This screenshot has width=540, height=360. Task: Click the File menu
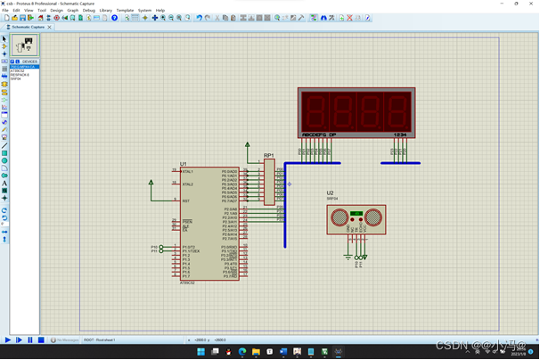pos(5,11)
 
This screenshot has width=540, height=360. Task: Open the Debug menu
pos(89,11)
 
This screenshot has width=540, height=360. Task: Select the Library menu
pos(106,11)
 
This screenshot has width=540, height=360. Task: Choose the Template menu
pos(125,11)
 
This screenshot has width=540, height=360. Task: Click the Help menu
pos(160,11)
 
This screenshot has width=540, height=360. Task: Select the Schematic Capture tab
pos(28,27)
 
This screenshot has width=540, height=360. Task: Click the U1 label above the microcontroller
pos(184,164)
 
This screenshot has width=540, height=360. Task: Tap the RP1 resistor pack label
pos(268,155)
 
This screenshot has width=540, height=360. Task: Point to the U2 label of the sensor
pos(330,193)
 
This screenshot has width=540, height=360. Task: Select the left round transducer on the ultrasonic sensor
pos(340,217)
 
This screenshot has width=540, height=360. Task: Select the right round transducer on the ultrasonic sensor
pos(373,217)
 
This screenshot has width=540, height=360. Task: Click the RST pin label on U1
pos(186,200)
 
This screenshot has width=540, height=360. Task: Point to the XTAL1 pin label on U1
pos(188,171)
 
